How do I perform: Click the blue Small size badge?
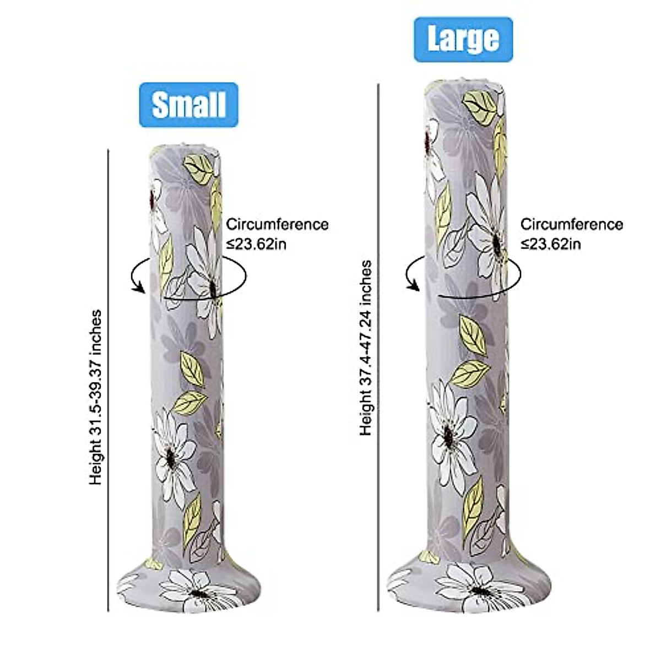(x=188, y=105)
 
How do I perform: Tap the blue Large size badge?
(x=463, y=39)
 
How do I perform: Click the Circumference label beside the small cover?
(x=277, y=225)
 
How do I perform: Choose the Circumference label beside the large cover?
(x=571, y=225)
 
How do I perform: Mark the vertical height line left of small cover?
(x=109, y=380)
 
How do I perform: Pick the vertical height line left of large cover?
(x=378, y=347)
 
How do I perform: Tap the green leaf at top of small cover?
(x=201, y=168)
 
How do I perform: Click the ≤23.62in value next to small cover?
(x=257, y=243)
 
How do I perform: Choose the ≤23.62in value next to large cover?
(x=551, y=243)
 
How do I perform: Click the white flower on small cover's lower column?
(x=172, y=454)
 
